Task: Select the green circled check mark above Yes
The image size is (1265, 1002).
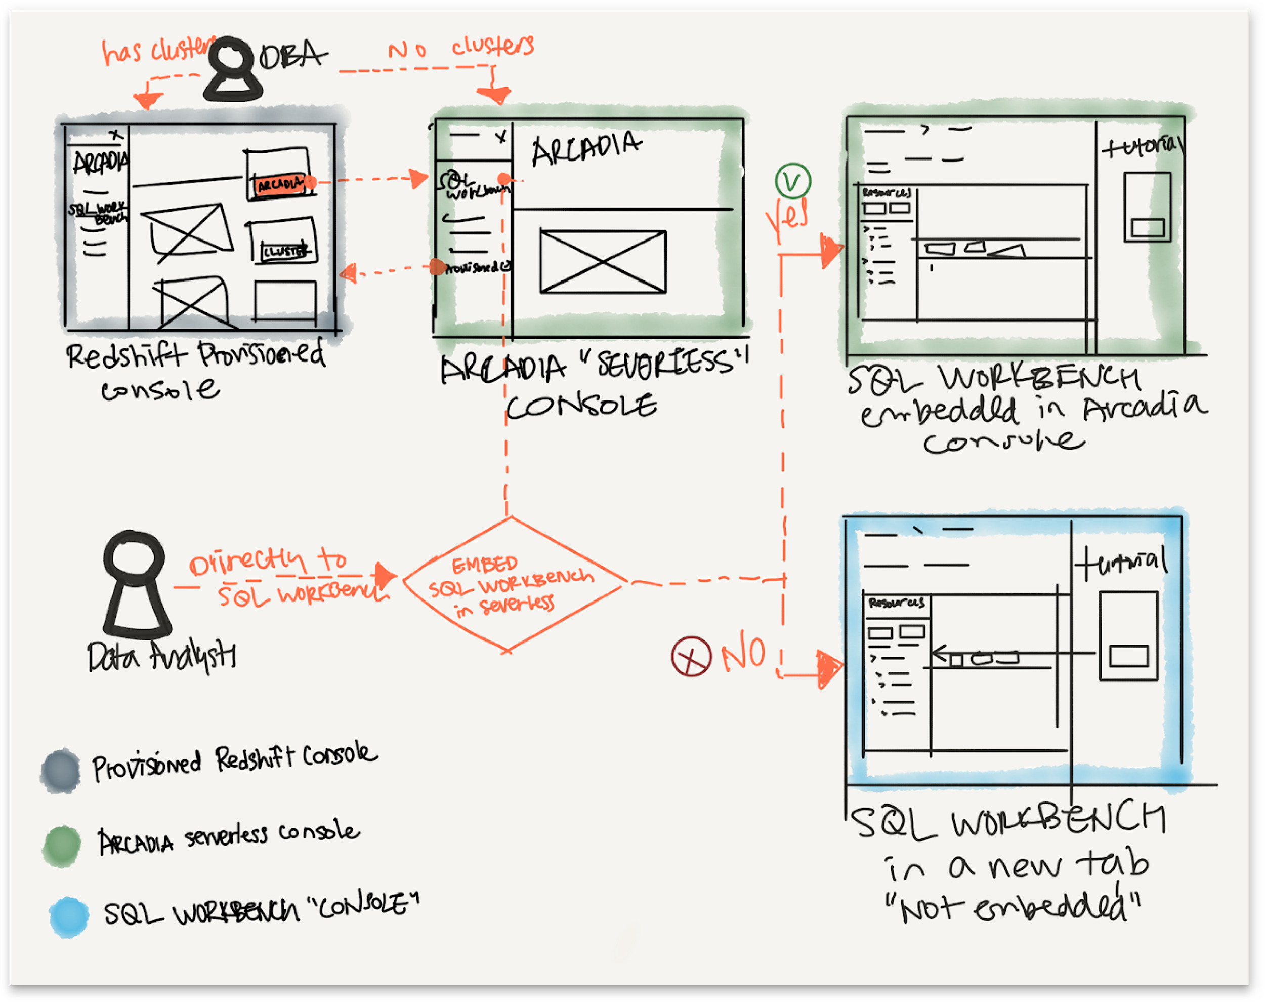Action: [x=792, y=181]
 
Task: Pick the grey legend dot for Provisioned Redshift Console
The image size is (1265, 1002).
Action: [x=60, y=770]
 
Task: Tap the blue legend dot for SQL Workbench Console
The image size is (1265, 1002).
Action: [x=69, y=916]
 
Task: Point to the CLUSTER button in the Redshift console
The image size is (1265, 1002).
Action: [x=284, y=252]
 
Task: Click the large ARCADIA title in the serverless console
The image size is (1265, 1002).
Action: [x=586, y=148]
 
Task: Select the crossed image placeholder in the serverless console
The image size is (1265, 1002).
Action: [x=603, y=262]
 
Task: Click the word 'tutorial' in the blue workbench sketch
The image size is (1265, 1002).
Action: [x=1121, y=562]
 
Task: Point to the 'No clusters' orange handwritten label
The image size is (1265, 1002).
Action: [x=461, y=47]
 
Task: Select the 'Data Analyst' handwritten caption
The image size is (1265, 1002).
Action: [x=161, y=657]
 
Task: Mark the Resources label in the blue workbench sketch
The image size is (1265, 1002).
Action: [x=896, y=603]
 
